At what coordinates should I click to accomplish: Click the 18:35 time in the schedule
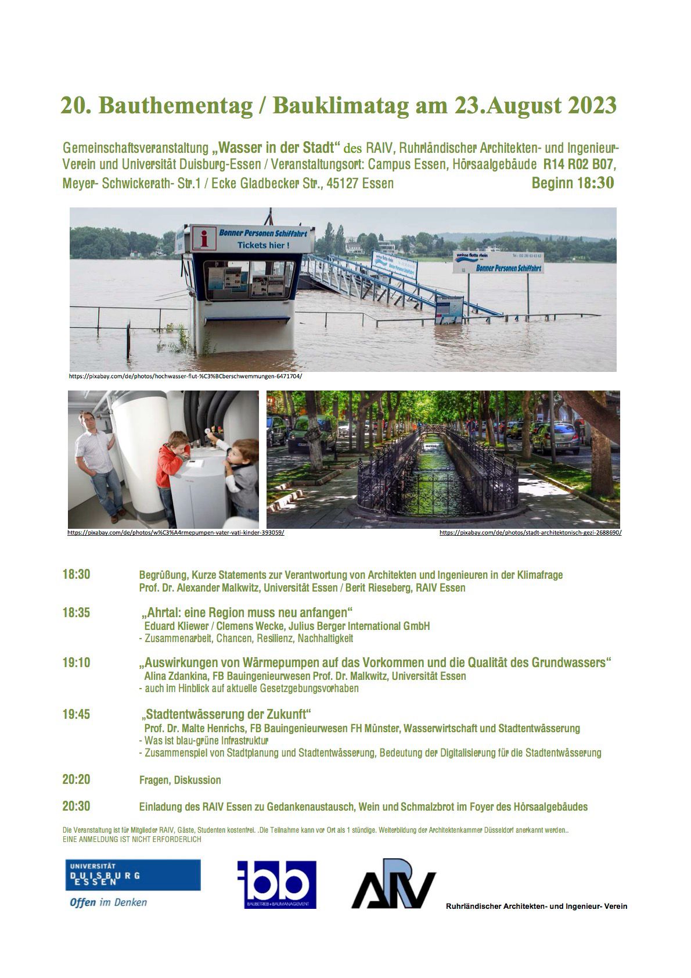tap(76, 612)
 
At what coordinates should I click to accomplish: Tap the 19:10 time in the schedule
tap(76, 662)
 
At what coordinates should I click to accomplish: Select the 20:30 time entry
tap(76, 807)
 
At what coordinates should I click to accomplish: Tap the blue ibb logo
tap(276, 884)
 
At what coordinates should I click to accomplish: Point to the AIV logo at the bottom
tap(393, 884)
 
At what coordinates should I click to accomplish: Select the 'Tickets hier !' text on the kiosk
tap(263, 245)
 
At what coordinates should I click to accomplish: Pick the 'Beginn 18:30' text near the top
tap(573, 184)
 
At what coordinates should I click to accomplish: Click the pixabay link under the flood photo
tap(185, 376)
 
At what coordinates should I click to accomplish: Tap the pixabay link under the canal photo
tap(530, 532)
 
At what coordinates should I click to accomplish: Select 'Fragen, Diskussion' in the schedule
tap(180, 780)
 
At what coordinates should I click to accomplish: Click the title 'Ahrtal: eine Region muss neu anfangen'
tap(247, 613)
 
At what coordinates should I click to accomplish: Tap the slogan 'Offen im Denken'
tap(108, 902)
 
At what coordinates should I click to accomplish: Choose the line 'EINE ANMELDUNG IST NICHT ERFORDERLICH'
tap(132, 840)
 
